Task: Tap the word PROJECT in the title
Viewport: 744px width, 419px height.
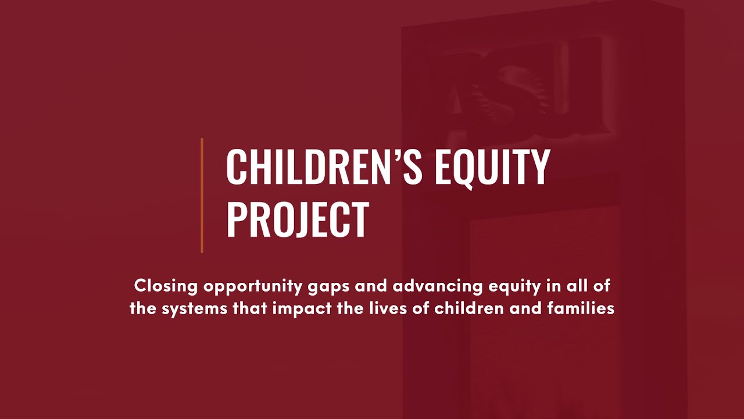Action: [298, 219]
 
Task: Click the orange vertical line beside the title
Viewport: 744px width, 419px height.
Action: [202, 196]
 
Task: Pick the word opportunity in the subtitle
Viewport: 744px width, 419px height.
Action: [244, 287]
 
